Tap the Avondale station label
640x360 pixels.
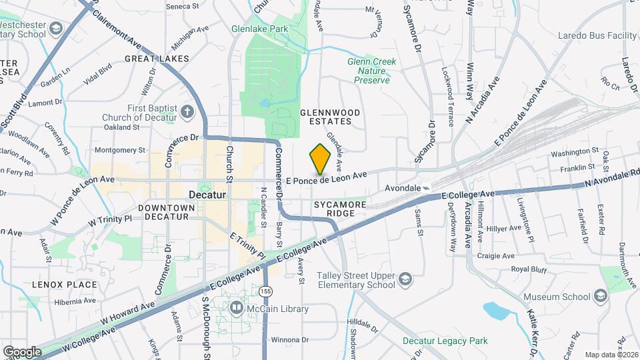tap(403, 188)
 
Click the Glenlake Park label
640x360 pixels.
tap(278, 29)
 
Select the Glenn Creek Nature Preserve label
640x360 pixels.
tap(371, 71)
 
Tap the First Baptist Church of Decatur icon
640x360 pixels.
tap(187, 111)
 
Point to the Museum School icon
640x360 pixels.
tap(601, 296)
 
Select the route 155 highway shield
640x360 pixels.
tap(266, 291)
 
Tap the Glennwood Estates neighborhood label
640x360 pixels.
tap(330, 117)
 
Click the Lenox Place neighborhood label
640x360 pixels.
tap(64, 285)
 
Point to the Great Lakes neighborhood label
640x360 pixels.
tap(157, 59)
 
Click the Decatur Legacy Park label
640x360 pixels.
tap(445, 341)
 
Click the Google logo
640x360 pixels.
tap(22, 351)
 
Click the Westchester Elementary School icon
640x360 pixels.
tap(56, 29)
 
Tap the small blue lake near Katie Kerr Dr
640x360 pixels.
tap(497, 310)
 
